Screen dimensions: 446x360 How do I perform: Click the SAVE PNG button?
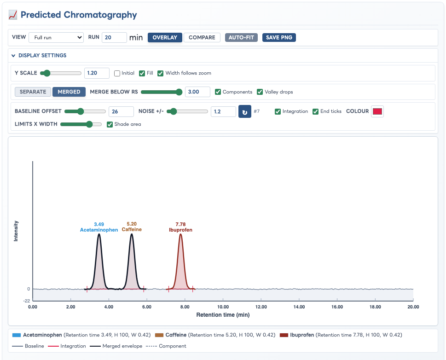point(279,38)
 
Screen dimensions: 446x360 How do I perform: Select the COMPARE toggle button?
point(202,38)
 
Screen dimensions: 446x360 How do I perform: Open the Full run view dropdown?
point(56,38)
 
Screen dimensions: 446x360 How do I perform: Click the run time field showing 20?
point(114,38)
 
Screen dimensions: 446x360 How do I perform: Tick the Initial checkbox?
point(117,73)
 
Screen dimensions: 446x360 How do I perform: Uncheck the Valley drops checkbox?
point(260,92)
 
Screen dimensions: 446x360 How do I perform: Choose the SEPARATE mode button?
point(33,92)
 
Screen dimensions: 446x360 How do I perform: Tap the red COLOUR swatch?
point(377,111)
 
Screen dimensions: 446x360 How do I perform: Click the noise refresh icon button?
point(244,111)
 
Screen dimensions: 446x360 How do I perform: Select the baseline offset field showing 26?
point(121,111)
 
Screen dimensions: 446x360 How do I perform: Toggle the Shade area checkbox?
point(110,124)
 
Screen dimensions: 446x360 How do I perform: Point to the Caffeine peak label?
point(132,229)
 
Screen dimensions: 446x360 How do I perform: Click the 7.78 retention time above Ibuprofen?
point(180,224)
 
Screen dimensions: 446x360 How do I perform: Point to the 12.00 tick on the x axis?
point(261,307)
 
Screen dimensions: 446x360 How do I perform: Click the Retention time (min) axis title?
point(223,315)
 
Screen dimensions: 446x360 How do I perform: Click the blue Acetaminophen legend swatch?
point(17,335)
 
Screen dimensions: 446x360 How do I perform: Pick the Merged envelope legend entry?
point(116,346)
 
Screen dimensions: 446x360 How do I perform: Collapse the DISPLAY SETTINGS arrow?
point(13,56)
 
